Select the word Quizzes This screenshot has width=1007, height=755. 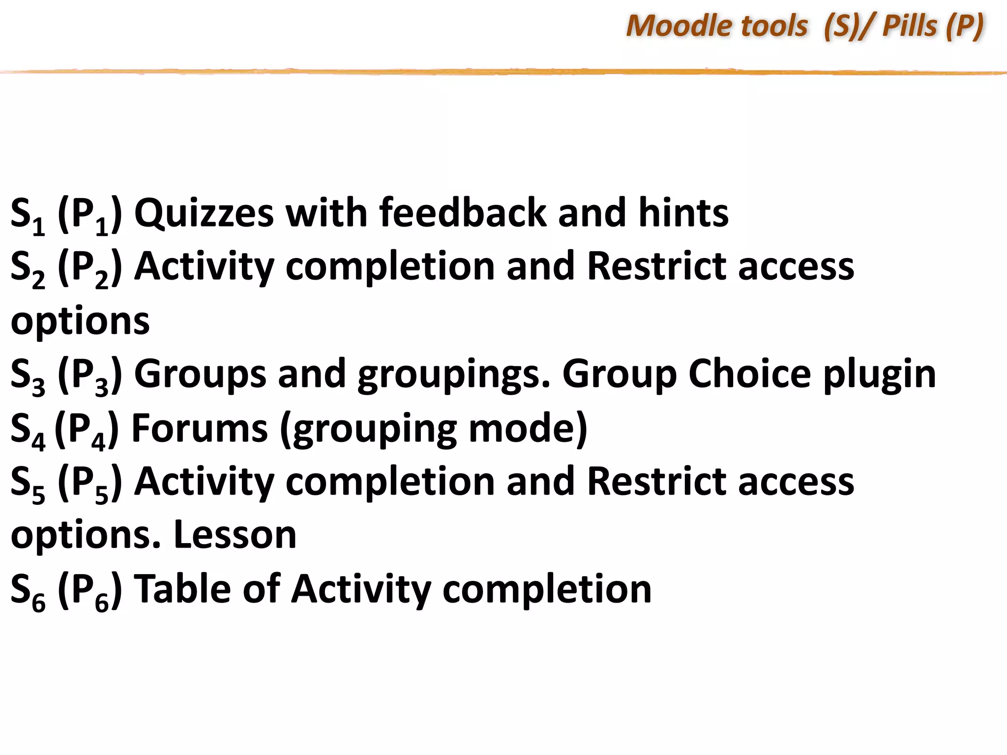tap(204, 213)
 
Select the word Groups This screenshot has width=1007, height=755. tap(200, 375)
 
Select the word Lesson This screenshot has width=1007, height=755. tap(235, 535)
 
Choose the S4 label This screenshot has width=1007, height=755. tap(28, 431)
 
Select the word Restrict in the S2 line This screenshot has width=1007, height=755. tap(656, 266)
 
